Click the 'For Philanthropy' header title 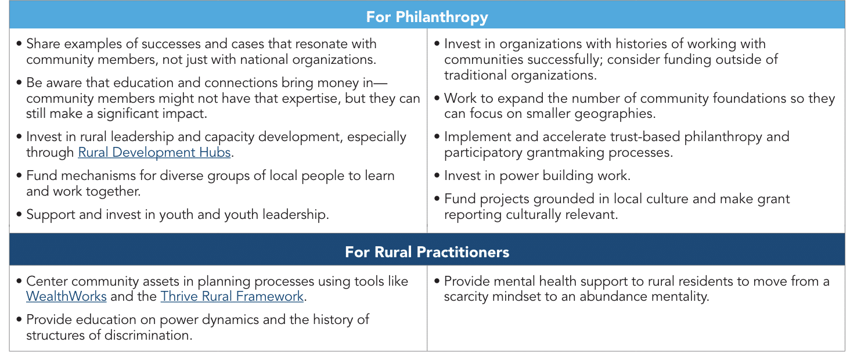pyautogui.click(x=427, y=17)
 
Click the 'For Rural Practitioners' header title pyautogui.click(x=427, y=252)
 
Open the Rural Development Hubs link pyautogui.click(x=154, y=153)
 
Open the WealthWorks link pyautogui.click(x=66, y=296)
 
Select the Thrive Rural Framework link pyautogui.click(x=232, y=296)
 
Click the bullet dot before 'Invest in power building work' pyautogui.click(x=437, y=175)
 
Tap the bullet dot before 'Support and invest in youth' pyautogui.click(x=19, y=214)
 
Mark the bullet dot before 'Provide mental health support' pyautogui.click(x=437, y=281)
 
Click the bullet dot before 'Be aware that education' pyautogui.click(x=19, y=82)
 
